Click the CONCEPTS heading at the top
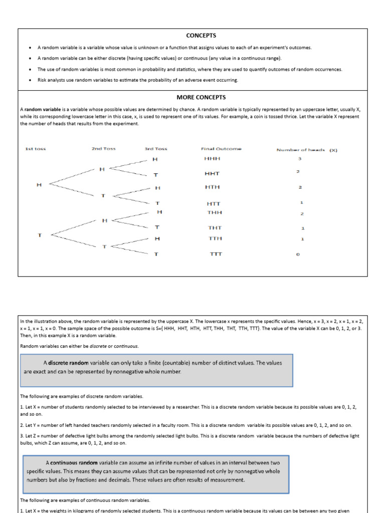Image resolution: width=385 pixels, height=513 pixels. point(201,36)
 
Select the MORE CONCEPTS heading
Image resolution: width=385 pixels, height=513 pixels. point(201,97)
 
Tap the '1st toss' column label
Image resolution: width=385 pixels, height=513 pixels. point(35,149)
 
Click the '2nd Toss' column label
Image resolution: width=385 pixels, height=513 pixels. point(103,149)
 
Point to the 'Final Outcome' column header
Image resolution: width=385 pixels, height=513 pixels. point(221,149)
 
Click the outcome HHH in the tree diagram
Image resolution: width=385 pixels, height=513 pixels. point(212,159)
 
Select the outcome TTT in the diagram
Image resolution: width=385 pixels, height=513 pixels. point(216,254)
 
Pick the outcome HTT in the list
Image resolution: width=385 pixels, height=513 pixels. point(213,204)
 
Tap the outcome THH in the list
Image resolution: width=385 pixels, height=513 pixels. point(215,212)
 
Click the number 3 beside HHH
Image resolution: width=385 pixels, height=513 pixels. point(299,159)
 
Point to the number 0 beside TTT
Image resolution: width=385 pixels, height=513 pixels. point(298,254)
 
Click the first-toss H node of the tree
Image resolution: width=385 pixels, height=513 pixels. point(39,185)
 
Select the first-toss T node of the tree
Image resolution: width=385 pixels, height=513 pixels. point(39,234)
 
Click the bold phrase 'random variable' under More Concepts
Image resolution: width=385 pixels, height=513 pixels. point(42,109)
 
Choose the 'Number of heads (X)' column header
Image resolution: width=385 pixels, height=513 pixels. point(307,149)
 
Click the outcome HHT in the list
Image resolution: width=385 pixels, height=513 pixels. point(212,173)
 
